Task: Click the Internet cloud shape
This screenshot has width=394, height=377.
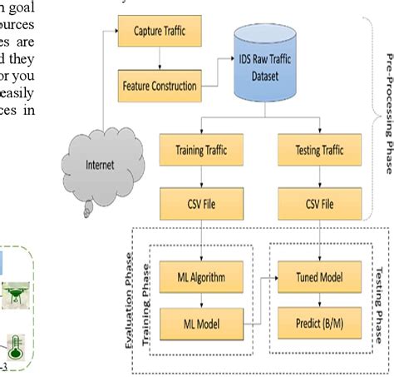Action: coord(94,165)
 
